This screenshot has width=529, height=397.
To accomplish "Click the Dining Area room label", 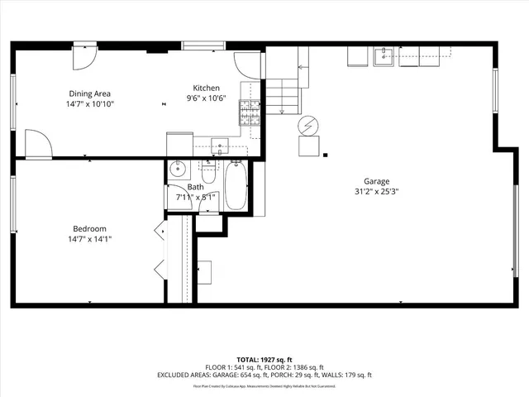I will click(90, 93).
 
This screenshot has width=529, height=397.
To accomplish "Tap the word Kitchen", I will click(206, 88).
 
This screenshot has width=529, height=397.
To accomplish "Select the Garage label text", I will click(376, 182).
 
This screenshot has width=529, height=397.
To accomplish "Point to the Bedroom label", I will click(89, 228).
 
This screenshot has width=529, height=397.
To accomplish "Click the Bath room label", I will click(195, 187).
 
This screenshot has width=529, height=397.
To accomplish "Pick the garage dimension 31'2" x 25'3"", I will click(376, 193).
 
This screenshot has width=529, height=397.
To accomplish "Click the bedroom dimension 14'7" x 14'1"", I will click(89, 239).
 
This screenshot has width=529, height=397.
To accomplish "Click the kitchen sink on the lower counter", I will click(219, 146).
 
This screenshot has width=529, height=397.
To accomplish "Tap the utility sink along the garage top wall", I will click(384, 56).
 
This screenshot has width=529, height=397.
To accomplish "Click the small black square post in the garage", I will click(326, 154).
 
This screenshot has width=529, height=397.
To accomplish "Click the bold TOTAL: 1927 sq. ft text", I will click(264, 361).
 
